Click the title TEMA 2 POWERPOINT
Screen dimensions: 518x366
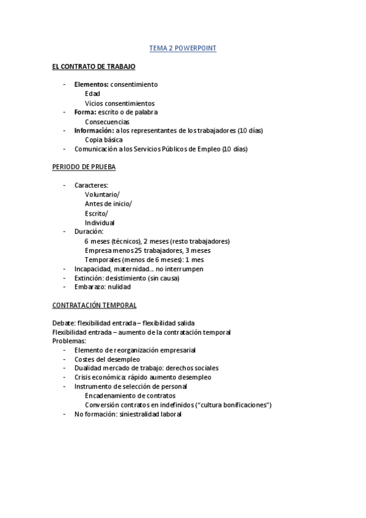(183, 48)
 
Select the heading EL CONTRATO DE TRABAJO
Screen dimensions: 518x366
(93, 66)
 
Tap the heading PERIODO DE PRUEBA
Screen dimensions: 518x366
(84, 166)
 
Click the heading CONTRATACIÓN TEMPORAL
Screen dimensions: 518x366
(94, 305)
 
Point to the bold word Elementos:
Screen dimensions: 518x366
(92, 84)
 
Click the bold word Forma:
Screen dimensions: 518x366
(85, 112)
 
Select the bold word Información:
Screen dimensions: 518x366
(94, 130)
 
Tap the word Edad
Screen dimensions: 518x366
(92, 94)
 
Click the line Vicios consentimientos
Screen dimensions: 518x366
(120, 103)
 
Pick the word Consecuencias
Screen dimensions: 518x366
(107, 122)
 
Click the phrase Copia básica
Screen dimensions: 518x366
(104, 140)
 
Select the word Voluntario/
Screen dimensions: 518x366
(103, 194)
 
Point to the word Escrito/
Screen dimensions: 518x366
(97, 213)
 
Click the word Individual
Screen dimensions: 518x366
(100, 222)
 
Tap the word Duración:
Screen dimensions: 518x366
(89, 232)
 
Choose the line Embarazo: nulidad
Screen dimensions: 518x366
(103, 286)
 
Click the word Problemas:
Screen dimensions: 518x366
(70, 340)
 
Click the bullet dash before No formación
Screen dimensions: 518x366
(65, 414)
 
